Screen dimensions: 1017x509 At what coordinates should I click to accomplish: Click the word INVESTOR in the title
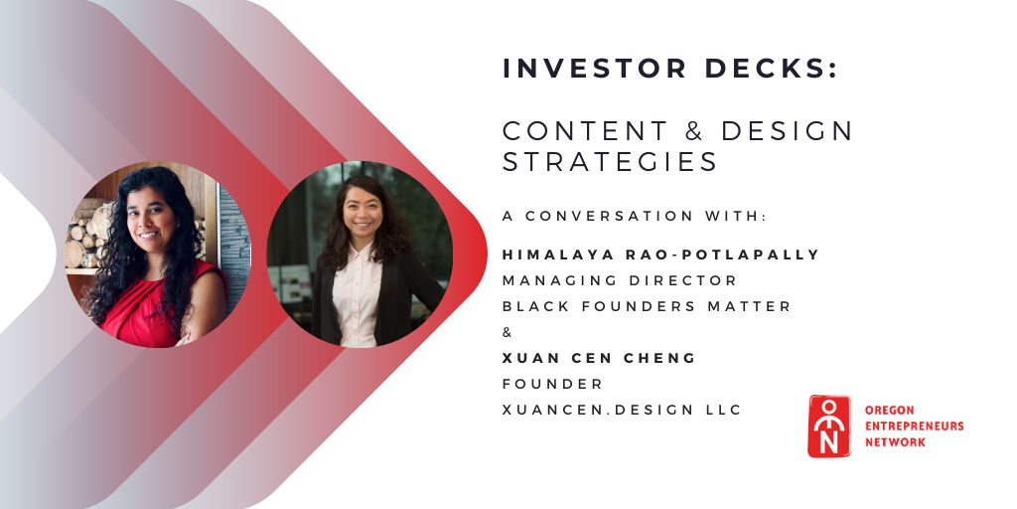point(594,69)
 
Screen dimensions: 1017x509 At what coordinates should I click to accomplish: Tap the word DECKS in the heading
point(766,69)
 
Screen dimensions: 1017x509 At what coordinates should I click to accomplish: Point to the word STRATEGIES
point(610,162)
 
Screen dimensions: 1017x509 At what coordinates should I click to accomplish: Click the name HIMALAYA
point(558,254)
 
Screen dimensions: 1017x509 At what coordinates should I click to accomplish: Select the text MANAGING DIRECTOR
point(620,280)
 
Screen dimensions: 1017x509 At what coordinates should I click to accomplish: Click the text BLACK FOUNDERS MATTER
point(647,306)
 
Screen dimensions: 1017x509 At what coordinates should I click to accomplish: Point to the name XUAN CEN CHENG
point(599,358)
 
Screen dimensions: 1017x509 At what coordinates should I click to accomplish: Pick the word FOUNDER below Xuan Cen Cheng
point(552,384)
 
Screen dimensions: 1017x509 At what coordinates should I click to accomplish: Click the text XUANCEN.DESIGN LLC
point(622,410)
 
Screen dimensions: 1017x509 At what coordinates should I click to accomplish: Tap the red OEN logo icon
point(829,426)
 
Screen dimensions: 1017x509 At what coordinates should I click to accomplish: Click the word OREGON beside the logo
point(889,411)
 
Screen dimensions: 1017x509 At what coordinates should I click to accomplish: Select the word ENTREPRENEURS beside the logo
point(914,425)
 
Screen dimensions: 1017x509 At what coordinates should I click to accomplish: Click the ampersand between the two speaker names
point(508,332)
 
